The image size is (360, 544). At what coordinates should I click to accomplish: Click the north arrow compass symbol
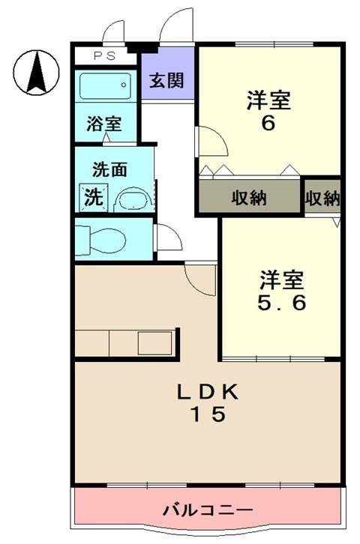(35, 72)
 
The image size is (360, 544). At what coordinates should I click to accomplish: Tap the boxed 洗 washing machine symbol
(93, 197)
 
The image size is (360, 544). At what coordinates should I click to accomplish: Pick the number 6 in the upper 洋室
(268, 124)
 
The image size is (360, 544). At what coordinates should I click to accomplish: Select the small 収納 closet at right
(322, 199)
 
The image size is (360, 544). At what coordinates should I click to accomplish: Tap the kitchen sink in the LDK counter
(153, 343)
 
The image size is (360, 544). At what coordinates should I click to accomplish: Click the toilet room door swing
(166, 242)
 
